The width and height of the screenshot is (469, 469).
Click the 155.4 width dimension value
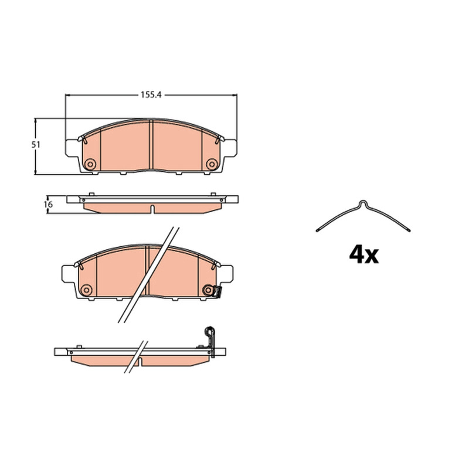coord(151,95)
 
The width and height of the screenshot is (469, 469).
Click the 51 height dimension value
coord(36,145)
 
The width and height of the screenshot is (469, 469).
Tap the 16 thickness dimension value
coord(48,205)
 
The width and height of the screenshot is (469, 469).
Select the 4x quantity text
coord(363,255)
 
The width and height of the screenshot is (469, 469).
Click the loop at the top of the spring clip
coord(363,203)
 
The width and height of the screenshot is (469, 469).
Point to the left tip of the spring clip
coord(317,230)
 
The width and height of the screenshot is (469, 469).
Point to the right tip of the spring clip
coord(409,230)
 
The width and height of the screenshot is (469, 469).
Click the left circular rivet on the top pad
coord(90,164)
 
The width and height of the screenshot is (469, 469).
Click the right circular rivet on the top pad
coord(212,164)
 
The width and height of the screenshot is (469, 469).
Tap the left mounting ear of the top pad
coord(72,148)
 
